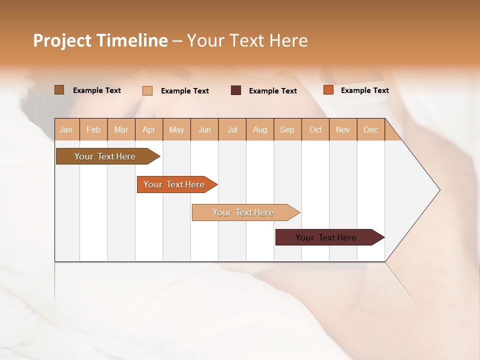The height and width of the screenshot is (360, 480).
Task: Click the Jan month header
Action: point(66,129)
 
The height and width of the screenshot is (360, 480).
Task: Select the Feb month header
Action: point(93,129)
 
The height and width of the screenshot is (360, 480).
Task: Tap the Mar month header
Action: point(121,129)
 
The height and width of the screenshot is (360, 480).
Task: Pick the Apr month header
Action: point(149,129)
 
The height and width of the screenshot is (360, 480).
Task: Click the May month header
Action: point(176,129)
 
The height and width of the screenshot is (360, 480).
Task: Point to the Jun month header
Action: point(204,129)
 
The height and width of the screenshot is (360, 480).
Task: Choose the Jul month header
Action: point(232,129)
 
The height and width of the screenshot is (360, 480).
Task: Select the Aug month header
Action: point(260,129)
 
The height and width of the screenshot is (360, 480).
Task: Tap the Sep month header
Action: point(287,129)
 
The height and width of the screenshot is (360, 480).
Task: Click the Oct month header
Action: point(315,129)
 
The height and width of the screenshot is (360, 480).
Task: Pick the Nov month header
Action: point(343,129)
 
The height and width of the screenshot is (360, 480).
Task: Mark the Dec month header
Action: point(371,129)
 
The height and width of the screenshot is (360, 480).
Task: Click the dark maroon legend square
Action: point(236,90)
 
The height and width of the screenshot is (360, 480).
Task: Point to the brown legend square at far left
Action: point(59,90)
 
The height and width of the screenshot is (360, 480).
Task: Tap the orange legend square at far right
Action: point(328,90)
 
